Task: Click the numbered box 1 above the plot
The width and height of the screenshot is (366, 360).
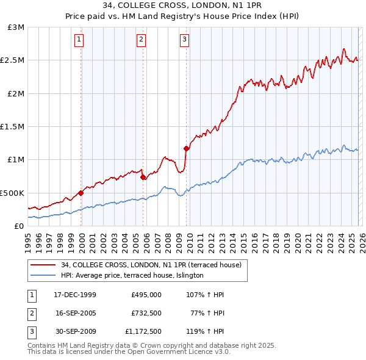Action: (x=80, y=40)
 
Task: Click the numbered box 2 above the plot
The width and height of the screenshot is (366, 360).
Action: (x=141, y=40)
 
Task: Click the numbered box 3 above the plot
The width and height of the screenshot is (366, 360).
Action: (x=184, y=40)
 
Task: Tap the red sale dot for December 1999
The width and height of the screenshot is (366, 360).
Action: (x=81, y=193)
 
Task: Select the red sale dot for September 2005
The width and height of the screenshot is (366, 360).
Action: (x=143, y=178)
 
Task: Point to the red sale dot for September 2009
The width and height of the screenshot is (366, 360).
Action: (x=187, y=148)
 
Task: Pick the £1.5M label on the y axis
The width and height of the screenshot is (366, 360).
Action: (x=13, y=126)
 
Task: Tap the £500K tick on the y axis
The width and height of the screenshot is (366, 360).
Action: (x=12, y=193)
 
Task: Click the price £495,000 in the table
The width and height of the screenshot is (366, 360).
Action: (x=146, y=295)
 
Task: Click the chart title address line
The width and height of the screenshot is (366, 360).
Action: (x=182, y=6)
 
